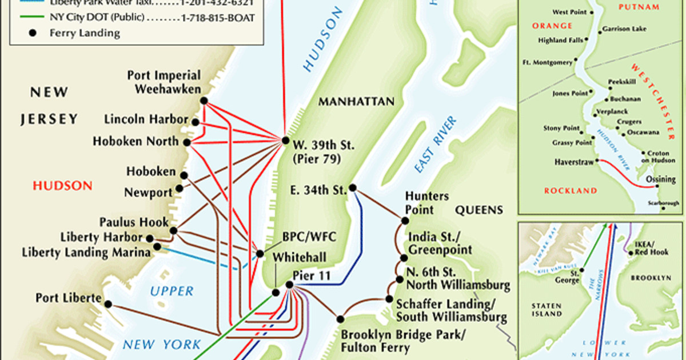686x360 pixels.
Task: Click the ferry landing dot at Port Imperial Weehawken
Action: [x=204, y=101]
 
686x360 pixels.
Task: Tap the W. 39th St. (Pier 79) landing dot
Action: [x=285, y=140]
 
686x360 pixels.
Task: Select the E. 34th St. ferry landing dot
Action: [x=354, y=187]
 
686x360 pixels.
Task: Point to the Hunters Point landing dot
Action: [x=405, y=220]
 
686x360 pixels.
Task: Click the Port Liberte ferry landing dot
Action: [x=107, y=304]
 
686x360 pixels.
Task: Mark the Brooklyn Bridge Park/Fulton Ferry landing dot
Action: [x=341, y=319]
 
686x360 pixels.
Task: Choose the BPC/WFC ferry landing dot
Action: [x=260, y=254]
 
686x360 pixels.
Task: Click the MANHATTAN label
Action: [x=357, y=102]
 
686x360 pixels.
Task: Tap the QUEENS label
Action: [x=478, y=210]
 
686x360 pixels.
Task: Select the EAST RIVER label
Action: [x=436, y=145]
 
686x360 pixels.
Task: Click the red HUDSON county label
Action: [x=62, y=185]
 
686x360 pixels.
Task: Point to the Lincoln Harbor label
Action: [x=146, y=119]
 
